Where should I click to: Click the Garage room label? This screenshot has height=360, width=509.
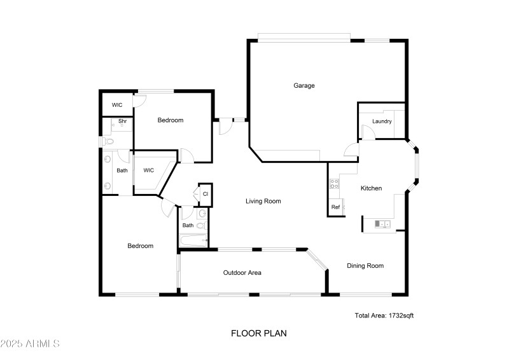coord(303,86)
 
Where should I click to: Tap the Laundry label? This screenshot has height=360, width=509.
coord(382,121)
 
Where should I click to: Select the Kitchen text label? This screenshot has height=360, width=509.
coord(371,188)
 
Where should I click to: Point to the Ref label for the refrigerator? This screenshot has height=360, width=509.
coord(335,207)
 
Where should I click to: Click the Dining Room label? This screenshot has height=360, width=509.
coord(365,266)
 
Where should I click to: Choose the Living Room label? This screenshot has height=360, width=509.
coord(263,201)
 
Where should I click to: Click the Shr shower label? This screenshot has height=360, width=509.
coord(122,121)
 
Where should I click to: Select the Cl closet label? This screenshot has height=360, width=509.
coord(206,193)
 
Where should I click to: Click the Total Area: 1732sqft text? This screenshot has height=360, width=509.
coord(384,315)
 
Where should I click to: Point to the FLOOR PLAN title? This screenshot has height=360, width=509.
coord(254,333)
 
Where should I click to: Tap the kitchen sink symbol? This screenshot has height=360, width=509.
coord(382,224)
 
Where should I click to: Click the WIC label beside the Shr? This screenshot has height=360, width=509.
coord(117,105)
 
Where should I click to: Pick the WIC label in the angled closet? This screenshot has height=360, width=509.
coord(148,170)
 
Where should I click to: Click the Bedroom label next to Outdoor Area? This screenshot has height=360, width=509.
coord(140,246)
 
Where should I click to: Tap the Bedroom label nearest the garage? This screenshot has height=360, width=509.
coord(171,120)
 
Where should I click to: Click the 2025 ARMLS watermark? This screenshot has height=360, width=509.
coord(30,344)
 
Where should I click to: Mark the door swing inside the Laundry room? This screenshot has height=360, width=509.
coord(367,132)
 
